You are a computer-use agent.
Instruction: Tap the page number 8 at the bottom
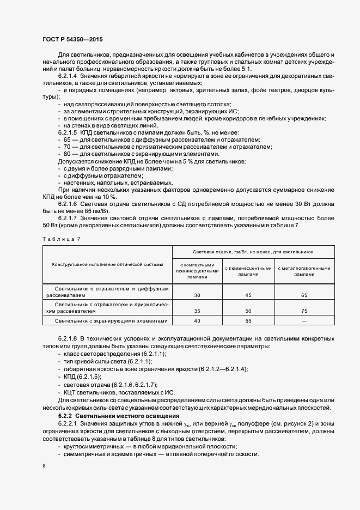(x=44, y=465)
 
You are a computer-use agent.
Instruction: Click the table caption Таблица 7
(x=61, y=239)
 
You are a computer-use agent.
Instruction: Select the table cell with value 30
(x=197, y=295)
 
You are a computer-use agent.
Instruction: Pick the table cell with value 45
(x=248, y=295)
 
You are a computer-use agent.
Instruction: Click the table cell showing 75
(x=304, y=311)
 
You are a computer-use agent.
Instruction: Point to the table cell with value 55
(x=248, y=321)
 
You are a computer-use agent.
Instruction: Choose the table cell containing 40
(x=197, y=321)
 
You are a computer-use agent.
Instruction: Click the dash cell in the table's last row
(x=304, y=321)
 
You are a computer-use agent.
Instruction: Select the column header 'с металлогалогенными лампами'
(x=304, y=271)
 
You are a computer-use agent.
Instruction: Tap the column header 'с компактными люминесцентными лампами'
(x=197, y=271)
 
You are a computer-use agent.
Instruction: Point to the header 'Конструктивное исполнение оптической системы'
(x=107, y=264)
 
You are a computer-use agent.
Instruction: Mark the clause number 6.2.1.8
(x=69, y=339)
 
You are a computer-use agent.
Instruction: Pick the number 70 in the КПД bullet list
(x=68, y=147)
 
